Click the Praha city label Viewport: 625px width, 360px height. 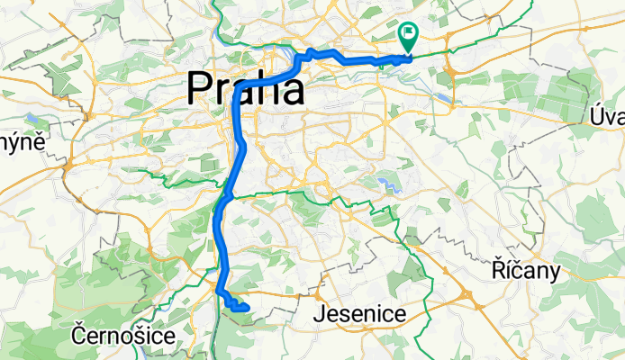pyautogui.click(x=245, y=89)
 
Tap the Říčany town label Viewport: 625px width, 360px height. pyautogui.click(x=527, y=269)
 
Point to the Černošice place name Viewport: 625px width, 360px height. pyautogui.click(x=122, y=336)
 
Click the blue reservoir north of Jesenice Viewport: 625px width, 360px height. pyautogui.click(x=388, y=184)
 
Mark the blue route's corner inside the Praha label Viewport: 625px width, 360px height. pyautogui.click(x=237, y=94)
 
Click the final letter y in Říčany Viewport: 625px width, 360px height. pyautogui.click(x=556, y=272)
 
